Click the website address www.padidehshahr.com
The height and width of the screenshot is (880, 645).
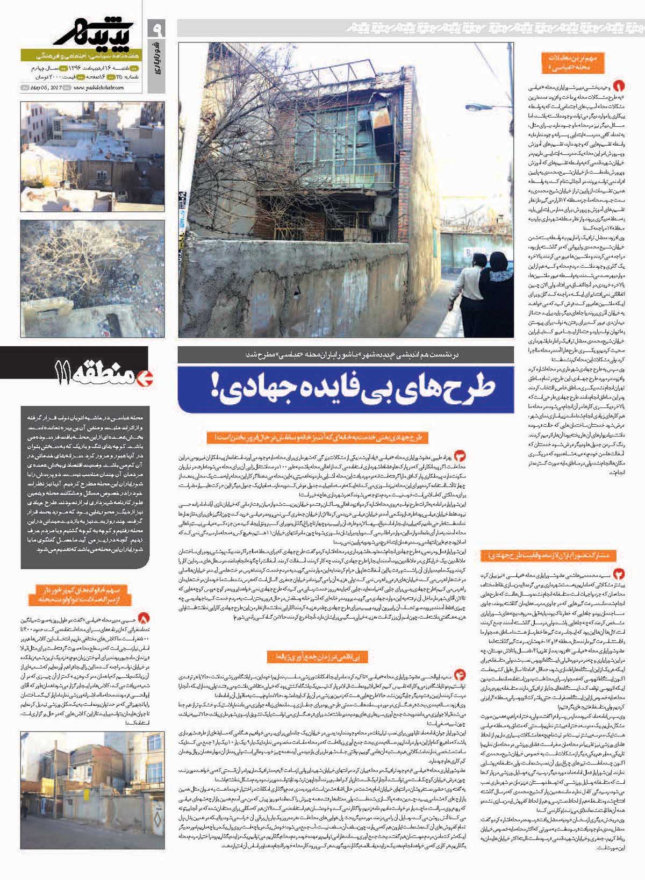(101, 88)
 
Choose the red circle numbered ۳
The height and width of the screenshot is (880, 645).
(460, 456)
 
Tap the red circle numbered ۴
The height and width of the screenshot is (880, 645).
(460, 675)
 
